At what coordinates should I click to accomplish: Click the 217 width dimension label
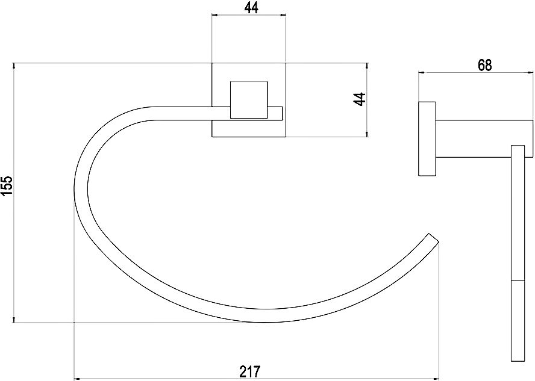pyautogui.click(x=250, y=371)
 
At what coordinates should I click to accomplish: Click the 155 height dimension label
pyautogui.click(x=7, y=186)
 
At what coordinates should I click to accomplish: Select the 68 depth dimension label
pyautogui.click(x=485, y=66)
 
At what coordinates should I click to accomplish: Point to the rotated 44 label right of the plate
pyautogui.click(x=359, y=99)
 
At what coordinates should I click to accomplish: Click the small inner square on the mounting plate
pyautogui.click(x=249, y=100)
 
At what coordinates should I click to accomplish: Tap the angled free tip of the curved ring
pyautogui.click(x=433, y=238)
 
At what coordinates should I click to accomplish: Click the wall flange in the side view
pyautogui.click(x=427, y=138)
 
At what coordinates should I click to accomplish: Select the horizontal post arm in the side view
pyautogui.click(x=484, y=138)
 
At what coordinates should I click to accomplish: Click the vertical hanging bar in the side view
pyautogui.click(x=518, y=253)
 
